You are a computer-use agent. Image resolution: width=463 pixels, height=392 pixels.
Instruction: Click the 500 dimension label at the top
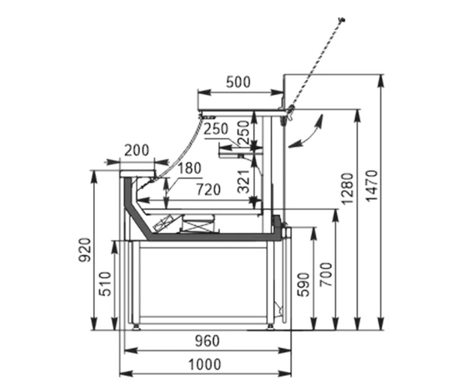[238, 82]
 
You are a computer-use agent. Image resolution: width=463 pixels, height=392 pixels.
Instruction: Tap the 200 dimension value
[137, 150]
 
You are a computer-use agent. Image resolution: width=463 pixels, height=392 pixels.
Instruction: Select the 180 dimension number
[189, 168]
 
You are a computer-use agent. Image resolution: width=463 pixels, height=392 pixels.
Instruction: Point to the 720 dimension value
[208, 190]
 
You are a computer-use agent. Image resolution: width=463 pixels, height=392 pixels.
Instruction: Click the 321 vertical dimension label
[244, 181]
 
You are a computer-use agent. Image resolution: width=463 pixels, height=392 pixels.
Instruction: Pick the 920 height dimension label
[85, 250]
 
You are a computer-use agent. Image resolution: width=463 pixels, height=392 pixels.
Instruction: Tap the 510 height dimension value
[106, 284]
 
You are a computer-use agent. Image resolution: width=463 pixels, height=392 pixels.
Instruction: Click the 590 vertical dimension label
[303, 285]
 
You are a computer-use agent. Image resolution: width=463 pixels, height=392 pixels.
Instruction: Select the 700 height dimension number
[326, 275]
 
